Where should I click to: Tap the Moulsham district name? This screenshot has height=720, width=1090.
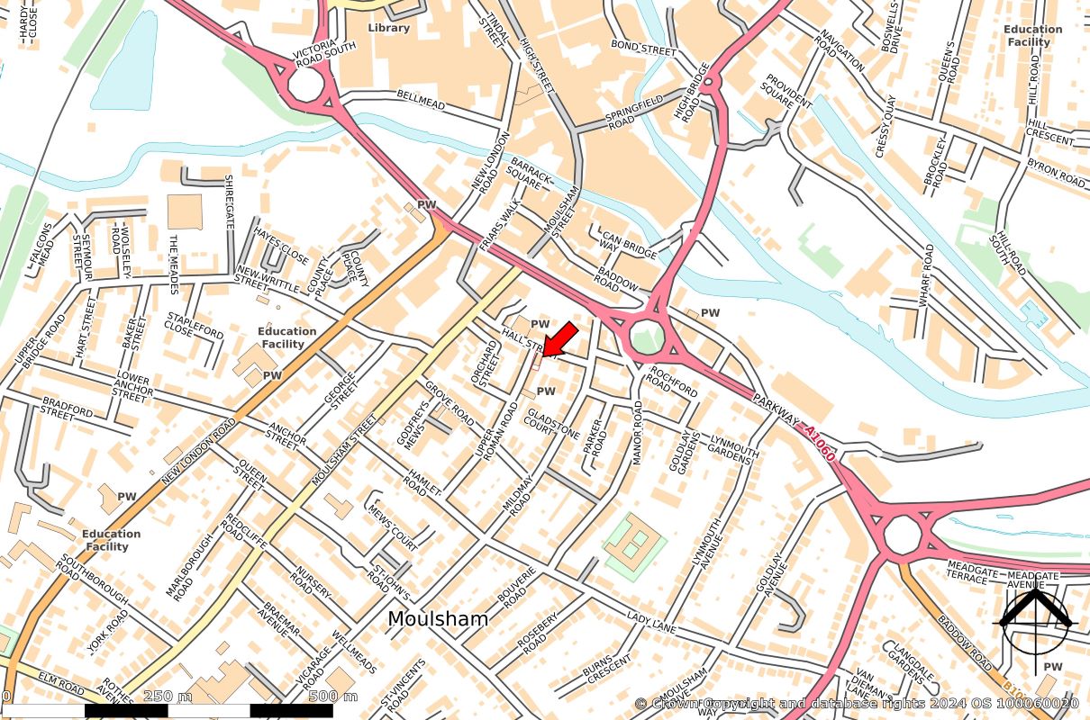(x=438, y=619)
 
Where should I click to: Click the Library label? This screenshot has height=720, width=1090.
(x=388, y=28)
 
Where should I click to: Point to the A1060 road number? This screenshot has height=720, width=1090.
(x=820, y=444)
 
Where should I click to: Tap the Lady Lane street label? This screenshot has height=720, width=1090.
(x=651, y=620)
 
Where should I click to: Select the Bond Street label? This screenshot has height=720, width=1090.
(x=643, y=48)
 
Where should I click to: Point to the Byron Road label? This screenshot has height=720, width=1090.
(x=1056, y=173)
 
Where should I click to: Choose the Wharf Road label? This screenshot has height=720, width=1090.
(x=925, y=276)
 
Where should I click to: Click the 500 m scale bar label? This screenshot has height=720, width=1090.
(x=333, y=697)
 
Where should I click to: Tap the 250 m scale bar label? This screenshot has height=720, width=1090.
(x=168, y=697)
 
